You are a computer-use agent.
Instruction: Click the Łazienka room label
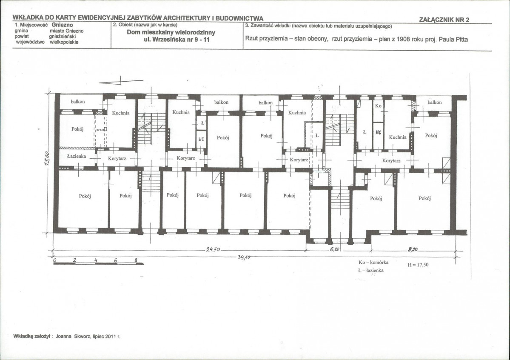(x=77, y=156)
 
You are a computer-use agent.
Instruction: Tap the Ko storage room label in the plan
(x=378, y=106)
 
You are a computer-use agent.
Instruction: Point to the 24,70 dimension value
(x=213, y=250)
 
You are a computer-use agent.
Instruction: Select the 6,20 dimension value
(x=335, y=249)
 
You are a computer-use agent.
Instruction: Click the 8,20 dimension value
(x=413, y=250)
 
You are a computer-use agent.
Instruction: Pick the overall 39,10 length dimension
(x=244, y=257)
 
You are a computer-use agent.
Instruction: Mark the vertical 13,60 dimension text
(x=47, y=159)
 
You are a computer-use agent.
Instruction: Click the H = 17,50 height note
(x=418, y=265)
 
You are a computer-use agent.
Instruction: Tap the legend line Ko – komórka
(x=373, y=263)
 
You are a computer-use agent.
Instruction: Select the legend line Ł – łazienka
(x=371, y=270)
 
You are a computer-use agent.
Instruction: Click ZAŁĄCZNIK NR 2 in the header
(x=444, y=20)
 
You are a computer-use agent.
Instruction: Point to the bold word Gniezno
(x=62, y=25)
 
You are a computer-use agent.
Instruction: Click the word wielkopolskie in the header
(x=64, y=42)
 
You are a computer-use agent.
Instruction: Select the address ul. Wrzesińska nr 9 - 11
(x=177, y=40)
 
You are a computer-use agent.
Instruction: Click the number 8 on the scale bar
(x=136, y=260)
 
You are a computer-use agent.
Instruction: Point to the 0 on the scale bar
(x=54, y=260)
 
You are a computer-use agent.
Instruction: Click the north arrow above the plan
(x=121, y=81)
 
